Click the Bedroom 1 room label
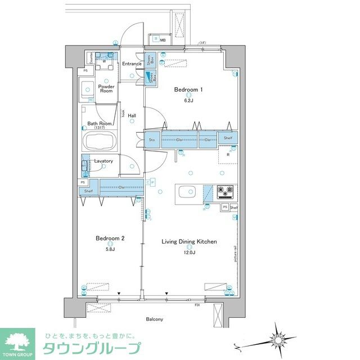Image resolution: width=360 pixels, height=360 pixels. [x=188, y=89]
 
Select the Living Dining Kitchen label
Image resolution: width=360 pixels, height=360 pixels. [x=189, y=242]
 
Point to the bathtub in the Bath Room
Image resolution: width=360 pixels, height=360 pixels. [x=100, y=140]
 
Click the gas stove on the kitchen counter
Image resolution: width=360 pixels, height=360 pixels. [x=226, y=192]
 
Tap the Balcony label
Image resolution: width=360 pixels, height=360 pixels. [x=154, y=319]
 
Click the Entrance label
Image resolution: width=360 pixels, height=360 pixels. [x=132, y=64]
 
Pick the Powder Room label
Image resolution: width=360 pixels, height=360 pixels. [x=106, y=89]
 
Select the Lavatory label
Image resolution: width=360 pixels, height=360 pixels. [x=103, y=161]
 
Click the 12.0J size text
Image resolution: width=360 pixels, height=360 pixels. [x=189, y=253]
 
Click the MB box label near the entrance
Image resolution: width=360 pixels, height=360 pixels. [x=163, y=40]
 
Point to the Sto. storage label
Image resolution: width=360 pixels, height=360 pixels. [x=152, y=139]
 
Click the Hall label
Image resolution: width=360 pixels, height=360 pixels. [x=132, y=116]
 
